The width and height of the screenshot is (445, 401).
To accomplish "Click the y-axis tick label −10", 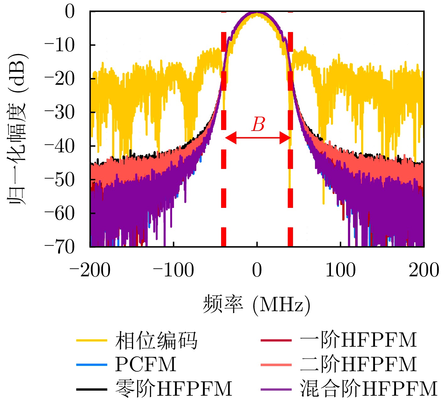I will point(60,45).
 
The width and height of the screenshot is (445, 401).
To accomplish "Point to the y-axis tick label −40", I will point(60,146).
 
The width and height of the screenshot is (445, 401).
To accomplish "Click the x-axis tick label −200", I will point(90,270).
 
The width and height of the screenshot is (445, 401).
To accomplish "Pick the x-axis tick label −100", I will point(173,270).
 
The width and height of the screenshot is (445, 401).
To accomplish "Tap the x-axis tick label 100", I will point(340,270).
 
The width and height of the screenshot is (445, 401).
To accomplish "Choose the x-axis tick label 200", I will point(424,270).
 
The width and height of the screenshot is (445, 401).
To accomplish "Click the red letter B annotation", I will point(258,125).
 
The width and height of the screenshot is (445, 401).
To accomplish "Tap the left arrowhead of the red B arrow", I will point(230,138).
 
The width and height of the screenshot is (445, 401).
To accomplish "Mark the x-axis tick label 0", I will point(257,270).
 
